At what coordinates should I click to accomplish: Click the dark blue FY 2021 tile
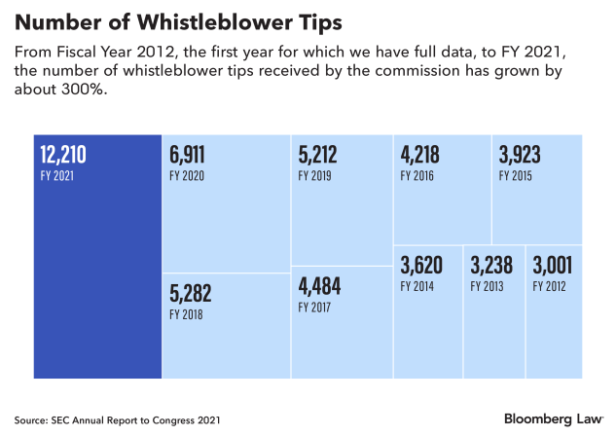pyautogui.click(x=97, y=257)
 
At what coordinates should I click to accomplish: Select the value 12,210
pyautogui.click(x=63, y=155)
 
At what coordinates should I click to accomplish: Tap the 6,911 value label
pyautogui.click(x=187, y=155)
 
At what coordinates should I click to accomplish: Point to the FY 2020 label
pyautogui.click(x=187, y=175)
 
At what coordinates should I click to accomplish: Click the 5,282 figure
pyautogui.click(x=191, y=293)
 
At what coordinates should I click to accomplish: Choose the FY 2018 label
pyautogui.click(x=186, y=314)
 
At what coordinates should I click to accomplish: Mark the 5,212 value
pyautogui.click(x=317, y=155)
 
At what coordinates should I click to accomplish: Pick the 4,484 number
pyautogui.click(x=319, y=286)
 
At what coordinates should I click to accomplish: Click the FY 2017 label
pyautogui.click(x=314, y=308)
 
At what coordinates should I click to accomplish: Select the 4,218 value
pyautogui.click(x=420, y=155)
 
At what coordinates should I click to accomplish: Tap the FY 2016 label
pyautogui.click(x=417, y=175)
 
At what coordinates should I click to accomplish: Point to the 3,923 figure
pyautogui.click(x=520, y=155)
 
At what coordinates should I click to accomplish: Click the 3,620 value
pyautogui.click(x=421, y=266)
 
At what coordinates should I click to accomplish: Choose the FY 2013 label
pyautogui.click(x=487, y=286)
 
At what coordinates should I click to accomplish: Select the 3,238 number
pyautogui.click(x=491, y=266)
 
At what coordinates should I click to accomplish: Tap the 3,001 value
pyautogui.click(x=553, y=266)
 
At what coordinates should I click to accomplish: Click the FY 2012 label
pyautogui.click(x=549, y=286)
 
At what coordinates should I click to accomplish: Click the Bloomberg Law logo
pyautogui.click(x=553, y=419)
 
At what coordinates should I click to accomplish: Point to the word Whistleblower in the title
pyautogui.click(x=214, y=22)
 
